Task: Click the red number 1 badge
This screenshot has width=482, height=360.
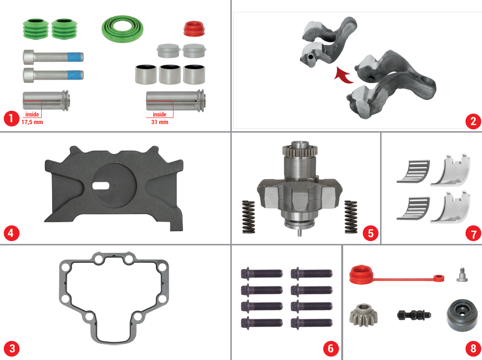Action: (11, 118)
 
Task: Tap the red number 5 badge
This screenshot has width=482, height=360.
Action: (370, 233)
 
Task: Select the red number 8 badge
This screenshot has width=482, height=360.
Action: (473, 349)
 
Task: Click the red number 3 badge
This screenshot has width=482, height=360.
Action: (11, 349)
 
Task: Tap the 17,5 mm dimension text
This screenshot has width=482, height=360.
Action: (32, 122)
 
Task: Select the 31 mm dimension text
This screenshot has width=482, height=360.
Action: (160, 122)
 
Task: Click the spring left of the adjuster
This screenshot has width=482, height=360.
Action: (249, 217)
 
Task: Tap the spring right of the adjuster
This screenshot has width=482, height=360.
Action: (351, 216)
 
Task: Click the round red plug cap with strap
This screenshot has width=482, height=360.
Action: (363, 275)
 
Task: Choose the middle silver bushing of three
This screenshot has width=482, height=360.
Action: (172, 73)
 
